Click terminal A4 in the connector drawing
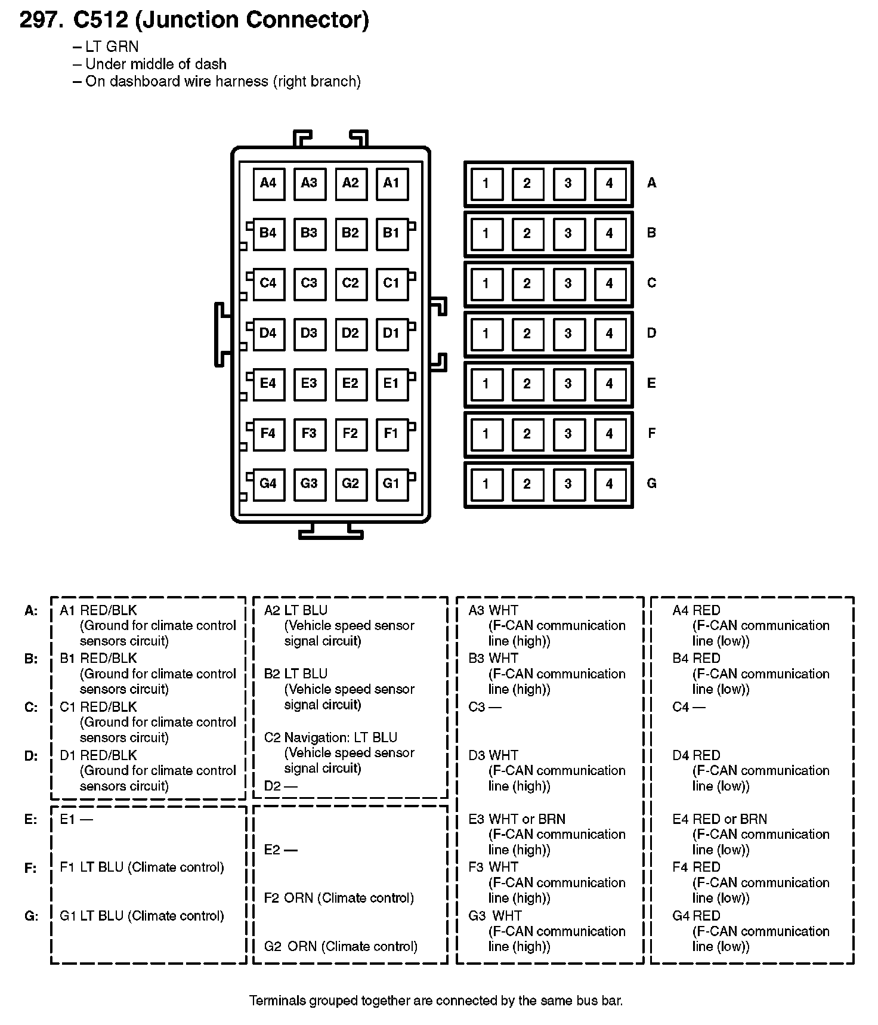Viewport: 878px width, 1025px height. pos(268,183)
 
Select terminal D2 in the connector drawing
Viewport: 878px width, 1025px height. pos(350,334)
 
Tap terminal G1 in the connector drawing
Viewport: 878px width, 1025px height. pos(391,484)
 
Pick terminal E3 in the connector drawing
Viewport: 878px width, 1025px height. pos(309,384)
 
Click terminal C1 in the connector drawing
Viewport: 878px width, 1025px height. pos(391,283)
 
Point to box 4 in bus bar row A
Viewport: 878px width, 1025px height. pos(609,183)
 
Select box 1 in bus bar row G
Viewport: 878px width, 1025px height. pos(486,484)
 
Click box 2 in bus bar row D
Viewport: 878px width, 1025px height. pos(527,334)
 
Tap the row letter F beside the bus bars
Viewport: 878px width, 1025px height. pos(651,433)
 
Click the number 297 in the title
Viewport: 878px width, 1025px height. pos(41,20)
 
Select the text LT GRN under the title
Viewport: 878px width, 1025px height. pos(112,47)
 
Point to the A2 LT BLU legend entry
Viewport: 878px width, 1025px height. pos(296,610)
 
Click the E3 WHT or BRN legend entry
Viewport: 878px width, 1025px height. pos(517,819)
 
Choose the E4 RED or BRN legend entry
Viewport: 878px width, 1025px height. pos(719,819)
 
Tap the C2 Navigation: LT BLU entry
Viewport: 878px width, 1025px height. pos(330,737)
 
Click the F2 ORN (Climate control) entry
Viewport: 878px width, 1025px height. pos(339,898)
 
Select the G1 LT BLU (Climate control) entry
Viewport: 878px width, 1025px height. pos(142,916)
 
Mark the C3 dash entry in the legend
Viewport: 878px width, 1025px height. pos(484,707)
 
